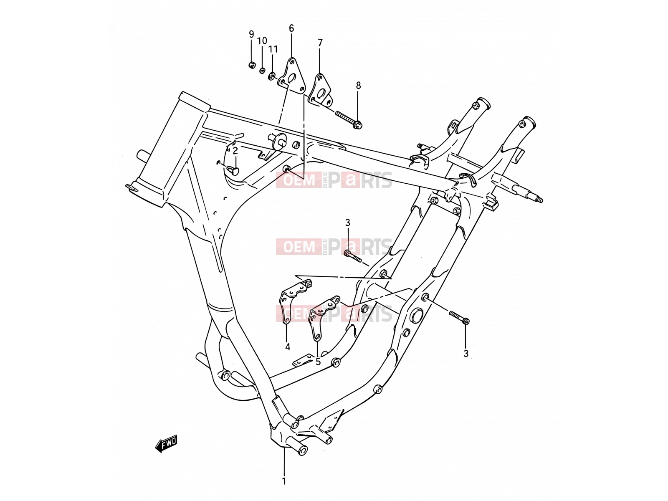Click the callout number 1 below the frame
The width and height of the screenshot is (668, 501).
click(284, 481)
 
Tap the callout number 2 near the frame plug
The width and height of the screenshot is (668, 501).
click(235, 151)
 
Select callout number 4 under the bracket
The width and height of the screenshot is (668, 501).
click(288, 347)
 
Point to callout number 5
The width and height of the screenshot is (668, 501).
click(318, 362)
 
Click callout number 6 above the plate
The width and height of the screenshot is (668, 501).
click(291, 28)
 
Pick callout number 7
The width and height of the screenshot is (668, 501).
click(320, 43)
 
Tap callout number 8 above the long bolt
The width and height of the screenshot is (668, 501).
click(358, 86)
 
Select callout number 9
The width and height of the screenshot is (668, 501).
click(251, 34)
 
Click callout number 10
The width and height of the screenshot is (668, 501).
click(262, 41)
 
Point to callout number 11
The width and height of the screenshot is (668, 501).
click(273, 49)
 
